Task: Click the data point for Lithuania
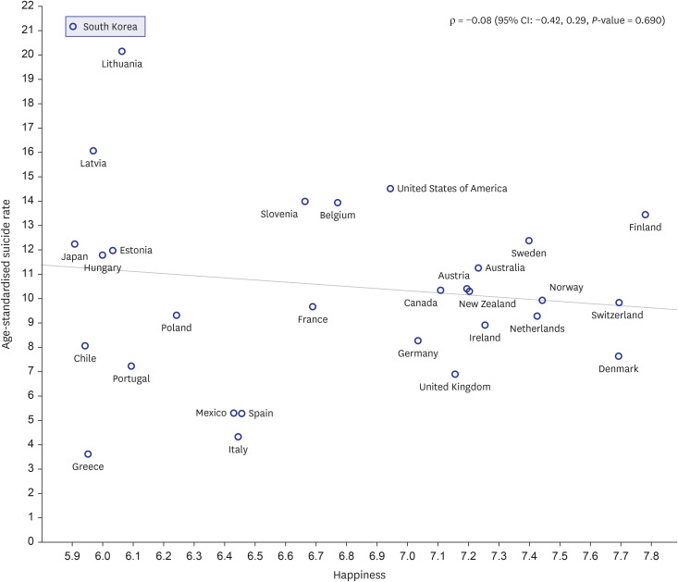(122, 52)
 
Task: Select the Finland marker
(645, 215)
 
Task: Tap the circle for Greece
(88, 454)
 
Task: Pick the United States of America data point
(390, 189)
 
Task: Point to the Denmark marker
(618, 356)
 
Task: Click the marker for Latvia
(93, 151)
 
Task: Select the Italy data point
(238, 437)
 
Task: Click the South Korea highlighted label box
(105, 27)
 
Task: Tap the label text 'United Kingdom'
(455, 387)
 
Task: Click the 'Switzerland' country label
(617, 315)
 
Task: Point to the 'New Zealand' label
(487, 303)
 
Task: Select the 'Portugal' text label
(131, 378)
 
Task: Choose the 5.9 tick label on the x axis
(72, 556)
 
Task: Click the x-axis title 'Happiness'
(359, 576)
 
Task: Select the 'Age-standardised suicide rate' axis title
(6, 274)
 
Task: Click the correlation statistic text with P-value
(558, 20)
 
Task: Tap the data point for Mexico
(233, 414)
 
